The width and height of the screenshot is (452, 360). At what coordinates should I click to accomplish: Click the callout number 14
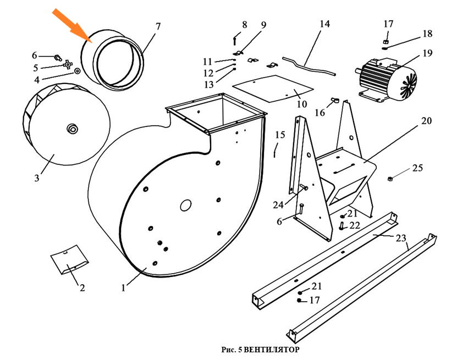click(324, 24)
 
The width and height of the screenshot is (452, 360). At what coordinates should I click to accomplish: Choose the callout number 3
click(37, 178)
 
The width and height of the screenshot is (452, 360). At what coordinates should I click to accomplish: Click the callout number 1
click(124, 287)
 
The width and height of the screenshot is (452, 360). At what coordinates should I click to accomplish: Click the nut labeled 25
click(390, 178)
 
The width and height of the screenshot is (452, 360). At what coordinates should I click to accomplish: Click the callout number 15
click(280, 135)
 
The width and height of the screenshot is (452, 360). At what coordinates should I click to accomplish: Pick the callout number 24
click(278, 205)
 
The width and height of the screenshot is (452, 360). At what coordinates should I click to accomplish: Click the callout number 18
click(427, 34)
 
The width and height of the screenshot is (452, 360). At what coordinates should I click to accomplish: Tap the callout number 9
click(263, 25)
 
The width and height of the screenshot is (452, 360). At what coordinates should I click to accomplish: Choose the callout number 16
click(319, 113)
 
